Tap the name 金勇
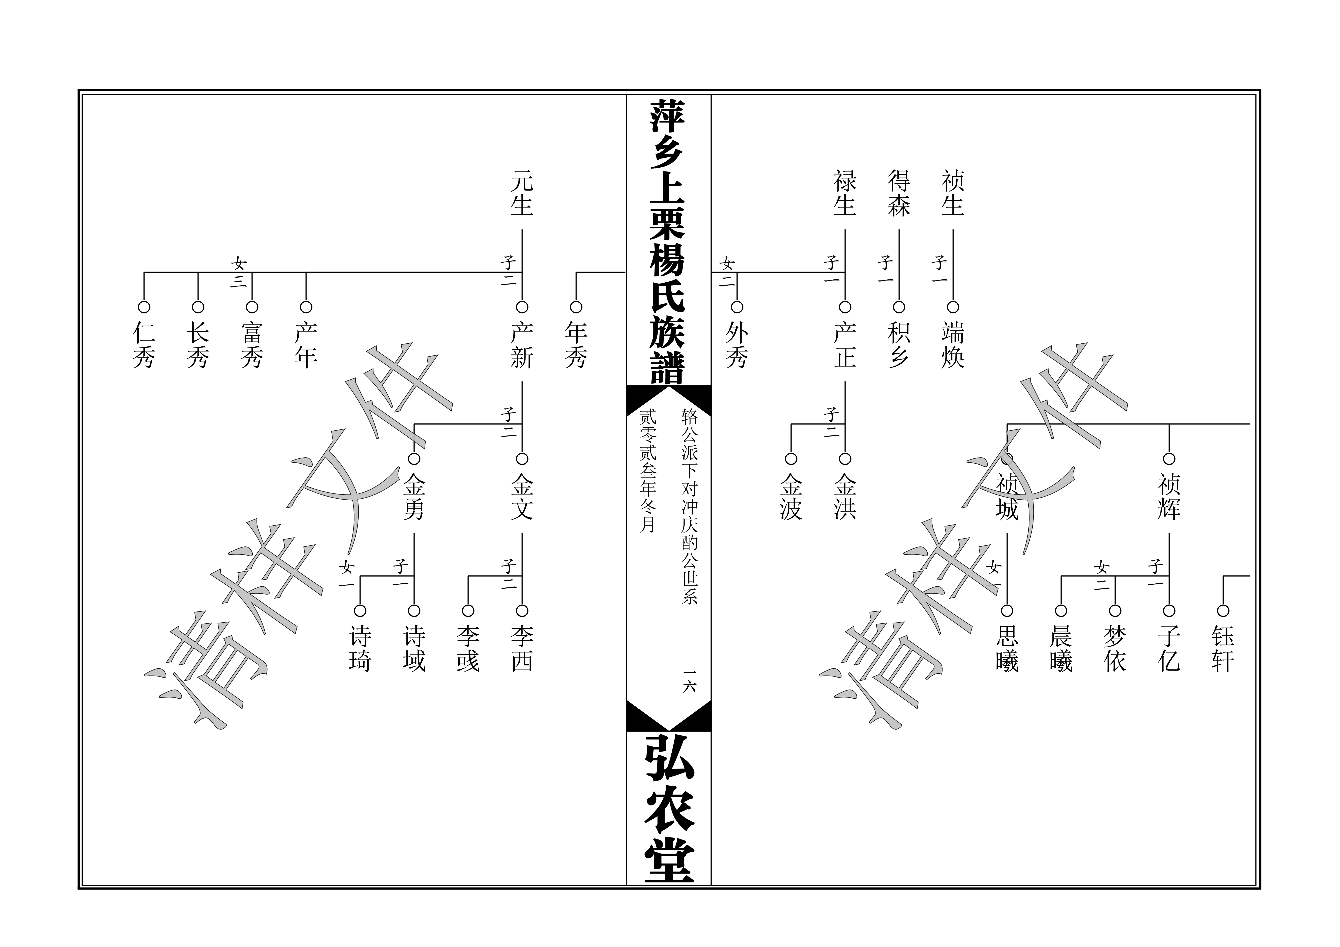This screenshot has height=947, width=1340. [x=414, y=496]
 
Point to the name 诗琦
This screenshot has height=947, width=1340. [x=360, y=648]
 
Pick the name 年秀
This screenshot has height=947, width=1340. [x=576, y=345]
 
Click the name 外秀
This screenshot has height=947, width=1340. [x=737, y=345]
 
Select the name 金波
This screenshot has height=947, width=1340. [x=791, y=496]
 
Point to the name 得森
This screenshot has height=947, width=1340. [x=899, y=193]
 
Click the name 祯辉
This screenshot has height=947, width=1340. [x=1169, y=496]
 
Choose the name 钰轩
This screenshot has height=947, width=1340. [x=1223, y=648]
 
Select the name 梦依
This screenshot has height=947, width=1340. [x=1115, y=648]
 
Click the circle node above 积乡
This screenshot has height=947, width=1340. [x=899, y=307]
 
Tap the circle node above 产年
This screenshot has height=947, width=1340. [x=306, y=307]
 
